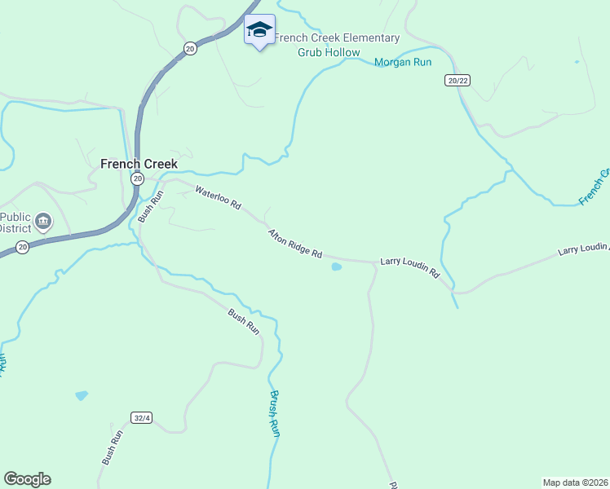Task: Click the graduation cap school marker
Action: pos(259,30)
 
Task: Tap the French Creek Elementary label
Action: pos(337,38)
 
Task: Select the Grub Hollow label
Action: pos(329,52)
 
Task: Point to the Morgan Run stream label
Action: pos(402,62)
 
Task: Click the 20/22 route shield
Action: pos(457,80)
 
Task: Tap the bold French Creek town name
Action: pos(139,164)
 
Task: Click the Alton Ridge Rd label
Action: pos(294,244)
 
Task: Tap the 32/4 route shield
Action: pos(142,418)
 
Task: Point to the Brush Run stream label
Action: pos(275,413)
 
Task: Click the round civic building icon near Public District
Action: pos(44,220)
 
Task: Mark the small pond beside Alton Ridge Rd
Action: pos(336,267)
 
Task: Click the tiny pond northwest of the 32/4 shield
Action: pos(81,395)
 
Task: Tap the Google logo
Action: pos(27,479)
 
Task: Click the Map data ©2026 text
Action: pos(574,482)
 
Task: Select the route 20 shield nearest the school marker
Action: pos(190,48)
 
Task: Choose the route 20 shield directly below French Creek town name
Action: pos(137,178)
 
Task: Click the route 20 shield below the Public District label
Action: pos(22,247)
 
